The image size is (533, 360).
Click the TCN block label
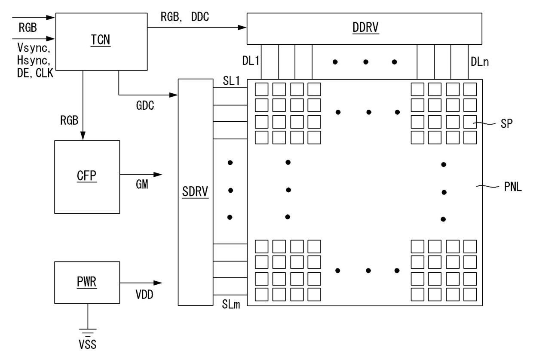(101, 40)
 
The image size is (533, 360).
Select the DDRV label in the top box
(365, 28)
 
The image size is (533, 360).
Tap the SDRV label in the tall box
(195, 192)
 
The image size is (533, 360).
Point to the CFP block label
(87, 176)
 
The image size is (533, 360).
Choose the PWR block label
(87, 282)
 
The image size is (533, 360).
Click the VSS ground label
(88, 344)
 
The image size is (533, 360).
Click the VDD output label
(144, 295)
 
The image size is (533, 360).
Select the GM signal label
(142, 184)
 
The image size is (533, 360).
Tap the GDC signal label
(145, 105)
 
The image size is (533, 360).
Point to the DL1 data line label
(251, 61)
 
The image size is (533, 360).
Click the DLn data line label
(480, 62)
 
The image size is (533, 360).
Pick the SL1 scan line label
(231, 81)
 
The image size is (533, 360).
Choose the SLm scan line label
(231, 304)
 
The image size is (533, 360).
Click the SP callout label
(507, 123)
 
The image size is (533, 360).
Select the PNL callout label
(513, 187)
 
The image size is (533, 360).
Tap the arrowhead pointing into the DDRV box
(242, 28)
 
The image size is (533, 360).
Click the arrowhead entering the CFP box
(83, 136)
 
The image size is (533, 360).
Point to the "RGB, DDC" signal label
(185, 17)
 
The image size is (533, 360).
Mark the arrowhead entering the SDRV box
(174, 95)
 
